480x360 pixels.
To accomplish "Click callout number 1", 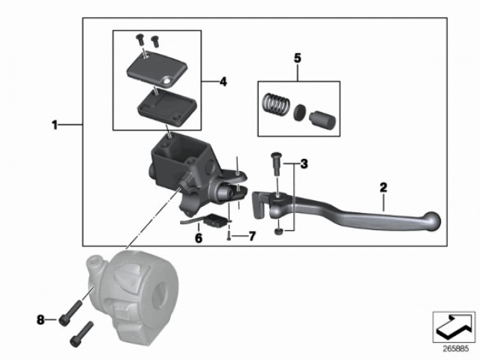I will click(54, 125).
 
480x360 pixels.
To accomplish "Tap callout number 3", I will click(304, 163).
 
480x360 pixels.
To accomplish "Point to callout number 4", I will click(223, 80).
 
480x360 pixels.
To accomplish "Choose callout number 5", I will click(297, 57).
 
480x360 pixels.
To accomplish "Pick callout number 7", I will click(251, 237).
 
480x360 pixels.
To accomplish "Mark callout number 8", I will click(40, 320).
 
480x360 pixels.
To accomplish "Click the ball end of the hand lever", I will click(430, 219).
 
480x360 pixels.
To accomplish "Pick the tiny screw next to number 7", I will click(226, 236).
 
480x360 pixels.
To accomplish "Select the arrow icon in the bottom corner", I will click(453, 324).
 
